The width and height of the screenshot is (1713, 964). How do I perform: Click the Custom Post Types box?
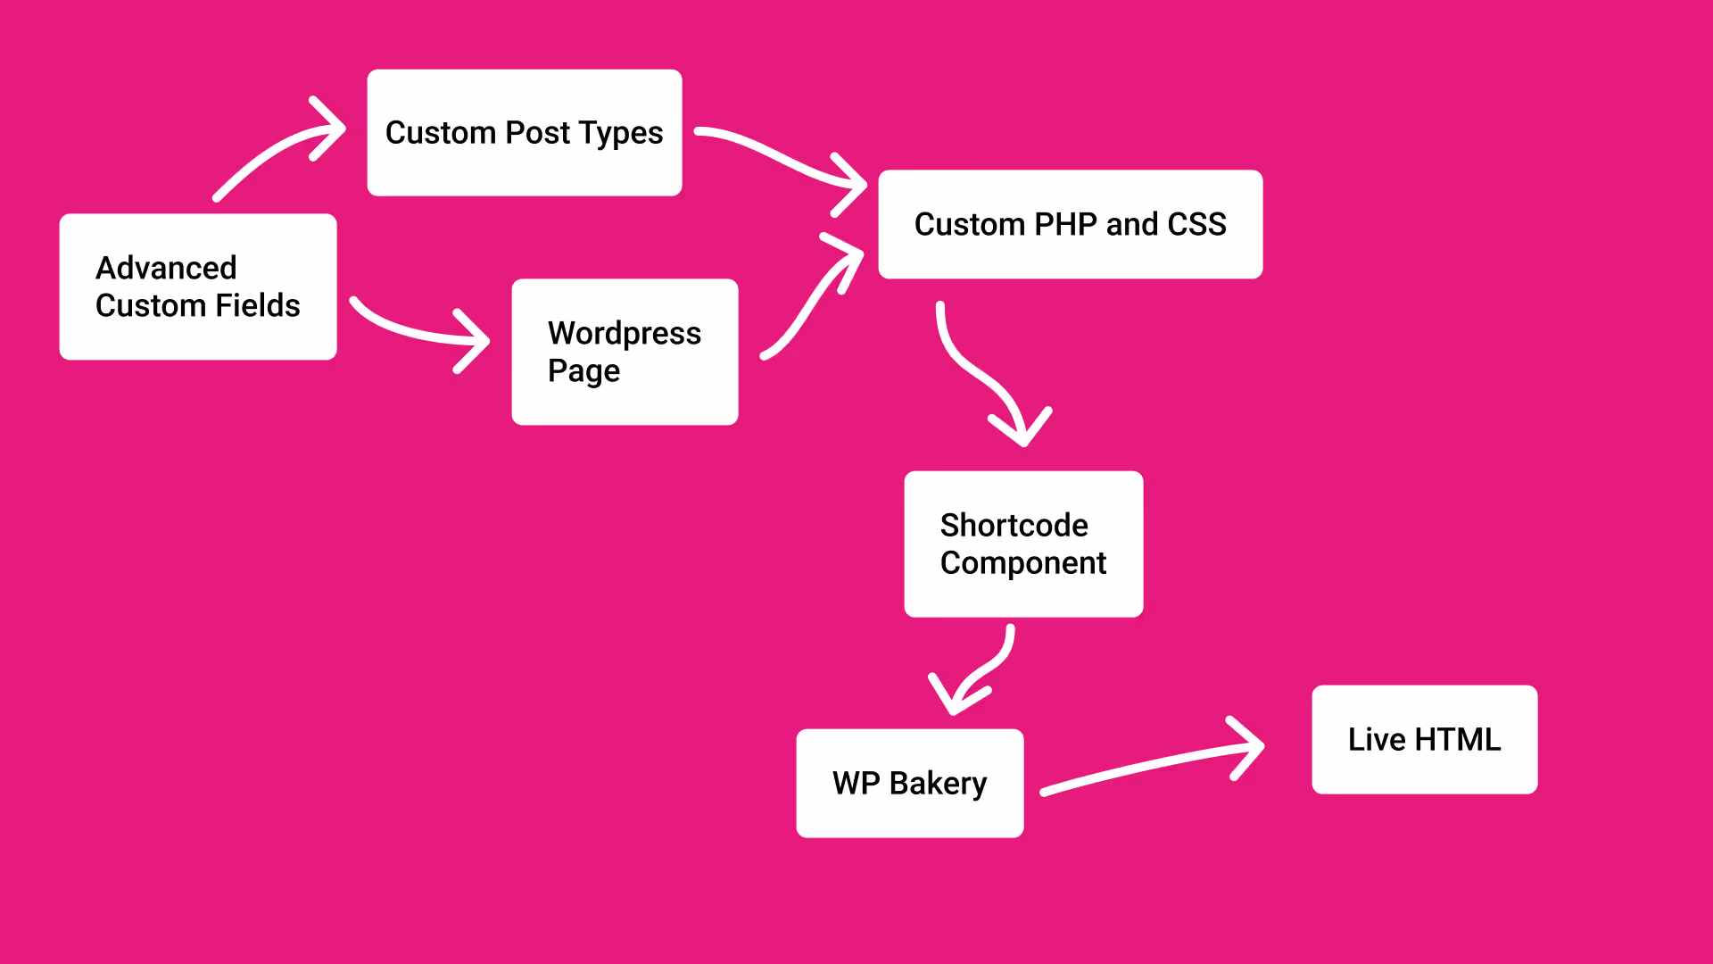pos(525,132)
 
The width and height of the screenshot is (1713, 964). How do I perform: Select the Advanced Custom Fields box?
pos(198,287)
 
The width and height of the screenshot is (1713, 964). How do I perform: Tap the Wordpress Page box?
pos(625,352)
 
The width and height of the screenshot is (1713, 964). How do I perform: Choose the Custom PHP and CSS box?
pos(1071,224)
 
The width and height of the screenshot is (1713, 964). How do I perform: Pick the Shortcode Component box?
pos(1023,544)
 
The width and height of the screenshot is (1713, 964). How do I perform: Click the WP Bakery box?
pos(910,783)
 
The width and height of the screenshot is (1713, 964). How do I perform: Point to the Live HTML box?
pos(1425,739)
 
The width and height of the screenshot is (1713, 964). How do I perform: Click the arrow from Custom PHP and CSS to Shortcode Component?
pos(977,370)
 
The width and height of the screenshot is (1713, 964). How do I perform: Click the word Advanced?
pos(166,268)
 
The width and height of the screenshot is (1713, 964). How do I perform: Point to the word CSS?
pos(1197,224)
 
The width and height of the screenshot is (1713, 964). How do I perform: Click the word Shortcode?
pos(1014,525)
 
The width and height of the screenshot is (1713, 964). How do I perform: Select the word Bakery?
pos(938,784)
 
